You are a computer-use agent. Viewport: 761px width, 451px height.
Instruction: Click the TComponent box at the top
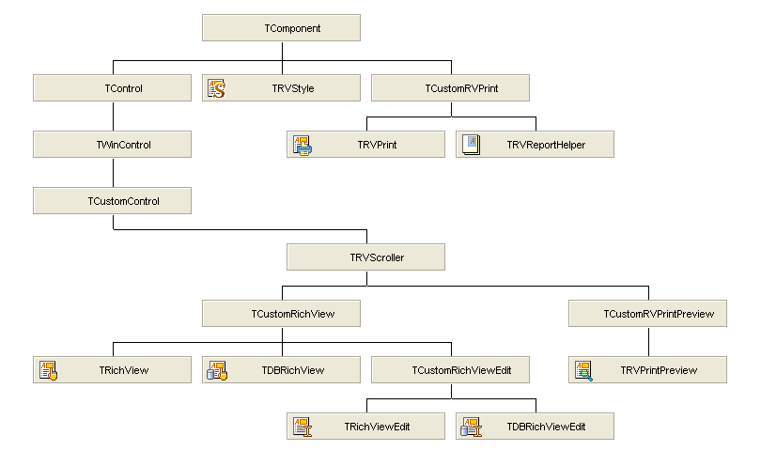pos(281,28)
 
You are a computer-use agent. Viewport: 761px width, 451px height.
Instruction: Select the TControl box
pos(112,88)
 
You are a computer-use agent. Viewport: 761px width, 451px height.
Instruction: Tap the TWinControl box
pos(112,145)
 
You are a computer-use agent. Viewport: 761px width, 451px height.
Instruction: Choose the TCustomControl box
pos(112,201)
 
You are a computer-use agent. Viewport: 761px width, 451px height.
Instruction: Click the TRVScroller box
pos(365,257)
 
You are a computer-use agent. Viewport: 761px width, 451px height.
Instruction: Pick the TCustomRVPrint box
pos(450,88)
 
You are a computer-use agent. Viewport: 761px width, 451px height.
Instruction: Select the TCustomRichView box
pos(281,314)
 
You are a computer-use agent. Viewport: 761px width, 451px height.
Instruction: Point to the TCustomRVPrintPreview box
pos(647,314)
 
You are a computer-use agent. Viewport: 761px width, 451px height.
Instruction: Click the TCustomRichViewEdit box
pos(450,370)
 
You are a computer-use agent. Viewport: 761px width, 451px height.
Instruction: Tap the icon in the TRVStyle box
pos(217,88)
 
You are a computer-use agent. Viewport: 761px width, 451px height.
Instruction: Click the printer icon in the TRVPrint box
pos(302,145)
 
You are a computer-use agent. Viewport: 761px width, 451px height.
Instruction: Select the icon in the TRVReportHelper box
pos(471,145)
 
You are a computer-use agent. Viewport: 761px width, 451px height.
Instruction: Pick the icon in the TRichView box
pos(48,370)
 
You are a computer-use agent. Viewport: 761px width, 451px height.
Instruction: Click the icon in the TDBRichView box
pos(217,370)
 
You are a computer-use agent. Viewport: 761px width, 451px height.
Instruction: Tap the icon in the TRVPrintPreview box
pos(583,370)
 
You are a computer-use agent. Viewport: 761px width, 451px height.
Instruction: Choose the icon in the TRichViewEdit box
pos(302,427)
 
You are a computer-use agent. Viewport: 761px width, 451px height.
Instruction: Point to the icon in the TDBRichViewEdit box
pos(471,427)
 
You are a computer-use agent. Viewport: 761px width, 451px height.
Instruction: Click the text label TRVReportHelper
pos(546,145)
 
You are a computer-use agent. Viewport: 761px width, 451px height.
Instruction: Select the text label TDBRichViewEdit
pos(546,427)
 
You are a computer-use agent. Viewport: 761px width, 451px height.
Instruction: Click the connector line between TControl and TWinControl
pos(113,117)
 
